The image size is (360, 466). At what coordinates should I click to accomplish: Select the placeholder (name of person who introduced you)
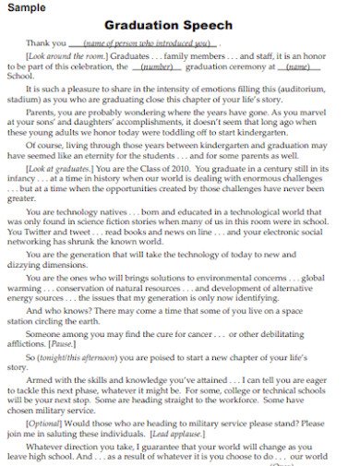[147, 42]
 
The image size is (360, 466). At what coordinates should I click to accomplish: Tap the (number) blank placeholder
[158, 66]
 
